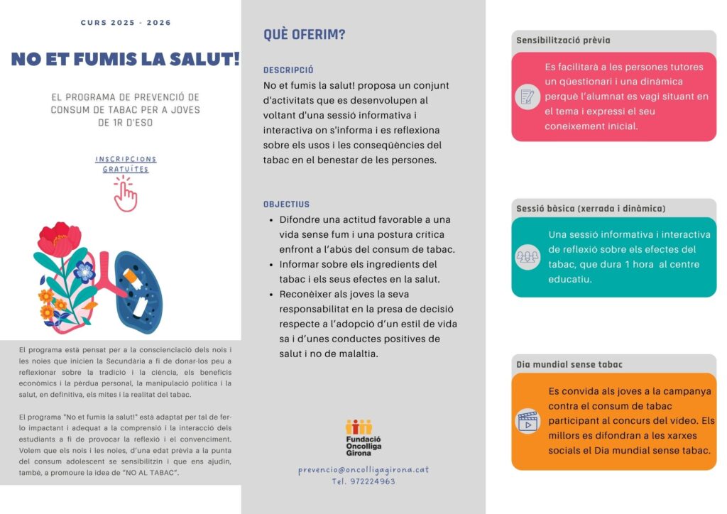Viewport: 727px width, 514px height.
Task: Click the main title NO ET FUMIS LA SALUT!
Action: (x=125, y=59)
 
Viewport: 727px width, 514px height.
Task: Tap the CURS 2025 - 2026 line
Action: (x=126, y=23)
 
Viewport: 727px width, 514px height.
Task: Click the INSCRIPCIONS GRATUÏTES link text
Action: (x=126, y=164)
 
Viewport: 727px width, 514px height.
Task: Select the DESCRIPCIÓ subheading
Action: (x=288, y=70)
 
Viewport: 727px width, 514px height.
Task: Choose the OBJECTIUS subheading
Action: (x=286, y=204)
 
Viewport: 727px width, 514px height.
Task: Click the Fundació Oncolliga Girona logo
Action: (x=359, y=437)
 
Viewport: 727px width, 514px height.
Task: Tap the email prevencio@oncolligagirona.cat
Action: (x=363, y=469)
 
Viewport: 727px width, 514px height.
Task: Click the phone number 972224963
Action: (x=363, y=481)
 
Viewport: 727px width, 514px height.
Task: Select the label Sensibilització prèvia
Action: (x=563, y=40)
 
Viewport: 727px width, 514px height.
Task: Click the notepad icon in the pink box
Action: (x=528, y=97)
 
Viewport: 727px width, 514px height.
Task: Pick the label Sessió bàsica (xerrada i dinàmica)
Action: (x=591, y=208)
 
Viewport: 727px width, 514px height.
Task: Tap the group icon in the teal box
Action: (x=528, y=257)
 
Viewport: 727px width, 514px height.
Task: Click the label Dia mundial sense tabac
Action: (x=569, y=364)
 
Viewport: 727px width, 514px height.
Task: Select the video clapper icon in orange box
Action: (x=528, y=422)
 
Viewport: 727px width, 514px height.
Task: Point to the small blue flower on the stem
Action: (x=84, y=270)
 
